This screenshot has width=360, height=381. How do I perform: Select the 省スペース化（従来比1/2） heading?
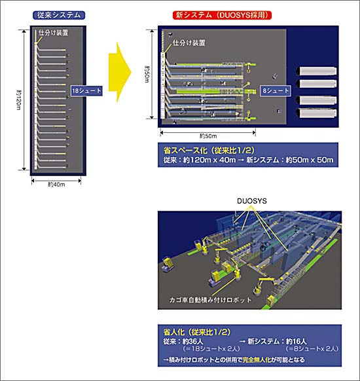point(200,149)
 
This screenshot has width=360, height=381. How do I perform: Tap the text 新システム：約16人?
point(282,341)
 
